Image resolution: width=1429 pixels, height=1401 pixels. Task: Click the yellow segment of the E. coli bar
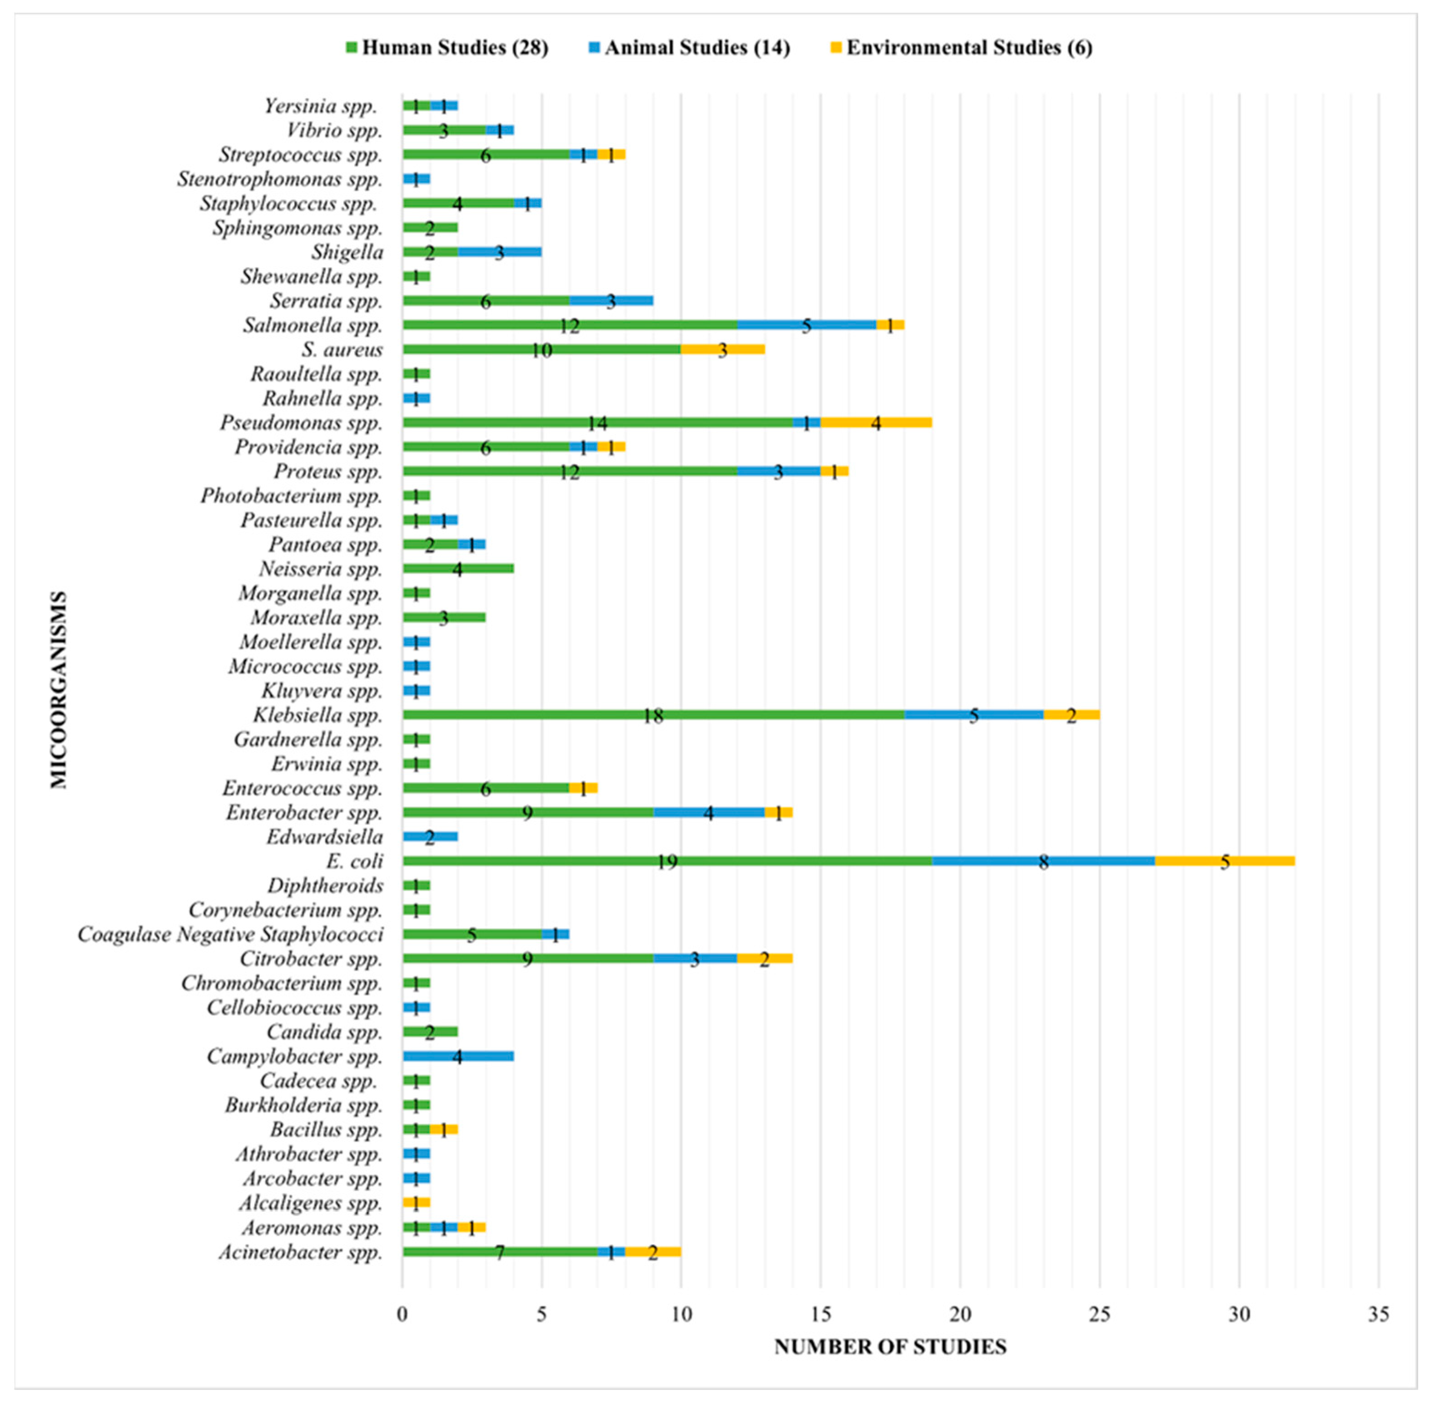[1225, 861]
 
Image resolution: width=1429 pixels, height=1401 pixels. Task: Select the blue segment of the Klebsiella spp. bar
[973, 715]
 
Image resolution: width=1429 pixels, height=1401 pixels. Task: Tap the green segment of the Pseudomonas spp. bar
[597, 422]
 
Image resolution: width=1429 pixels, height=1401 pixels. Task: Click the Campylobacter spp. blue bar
[458, 1056]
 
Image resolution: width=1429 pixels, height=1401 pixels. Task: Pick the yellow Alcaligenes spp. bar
[416, 1202]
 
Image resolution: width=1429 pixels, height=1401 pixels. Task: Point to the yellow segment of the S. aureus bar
[723, 349]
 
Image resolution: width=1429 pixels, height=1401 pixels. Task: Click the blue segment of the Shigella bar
[500, 252]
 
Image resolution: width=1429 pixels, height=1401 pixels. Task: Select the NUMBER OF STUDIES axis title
[890, 1346]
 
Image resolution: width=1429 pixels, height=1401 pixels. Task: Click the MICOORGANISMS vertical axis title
[59, 690]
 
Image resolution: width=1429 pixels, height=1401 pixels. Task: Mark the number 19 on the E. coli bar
[667, 862]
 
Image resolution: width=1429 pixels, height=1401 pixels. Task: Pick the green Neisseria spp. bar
[458, 568]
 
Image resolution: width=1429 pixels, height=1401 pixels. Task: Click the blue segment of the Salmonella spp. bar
[806, 324]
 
